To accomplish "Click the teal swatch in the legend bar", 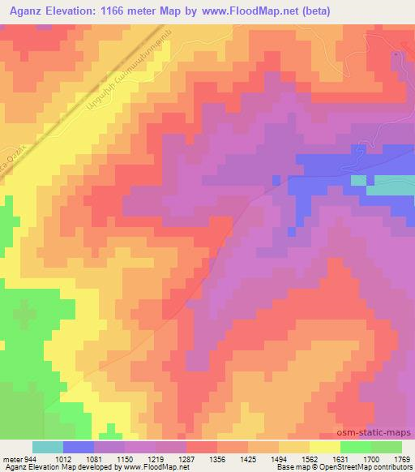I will click(48, 447).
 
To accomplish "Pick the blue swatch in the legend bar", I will click(79, 447).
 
